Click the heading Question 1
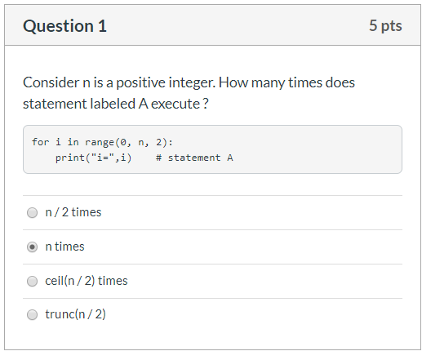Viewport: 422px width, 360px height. click(x=64, y=26)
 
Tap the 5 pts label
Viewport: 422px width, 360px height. click(x=385, y=26)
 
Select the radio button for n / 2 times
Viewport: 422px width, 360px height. click(x=32, y=213)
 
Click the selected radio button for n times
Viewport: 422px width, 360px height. click(x=32, y=247)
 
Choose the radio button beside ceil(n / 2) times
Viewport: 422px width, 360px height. click(x=32, y=282)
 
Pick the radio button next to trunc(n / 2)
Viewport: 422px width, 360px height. click(x=32, y=315)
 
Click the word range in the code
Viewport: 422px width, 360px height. click(x=100, y=142)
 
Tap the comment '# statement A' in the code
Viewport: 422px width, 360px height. click(x=194, y=158)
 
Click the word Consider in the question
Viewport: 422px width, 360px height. click(x=51, y=82)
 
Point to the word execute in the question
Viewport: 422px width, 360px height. click(x=175, y=104)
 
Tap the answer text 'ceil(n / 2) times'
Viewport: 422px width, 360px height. click(x=87, y=281)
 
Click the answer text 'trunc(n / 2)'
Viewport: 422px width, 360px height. click(x=75, y=314)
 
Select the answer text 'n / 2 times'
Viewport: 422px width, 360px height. click(x=73, y=212)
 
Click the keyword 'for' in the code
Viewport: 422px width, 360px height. click(x=41, y=142)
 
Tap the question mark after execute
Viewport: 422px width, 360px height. click(x=206, y=104)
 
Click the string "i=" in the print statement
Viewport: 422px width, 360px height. click(x=103, y=158)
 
